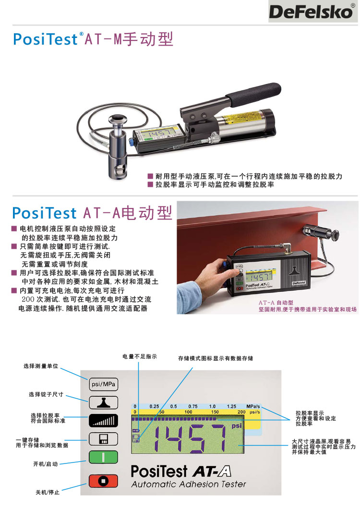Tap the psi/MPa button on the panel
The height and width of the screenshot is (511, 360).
coord(103,384)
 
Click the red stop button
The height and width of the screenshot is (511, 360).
coord(103,481)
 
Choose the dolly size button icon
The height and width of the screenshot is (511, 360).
coord(103,402)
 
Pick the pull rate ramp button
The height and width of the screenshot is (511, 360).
coord(103,421)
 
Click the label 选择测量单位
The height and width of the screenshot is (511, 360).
coord(41,366)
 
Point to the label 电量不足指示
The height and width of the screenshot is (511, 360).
coord(140,356)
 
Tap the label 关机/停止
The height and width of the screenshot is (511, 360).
coord(48,492)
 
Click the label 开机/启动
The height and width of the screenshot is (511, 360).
coord(46,464)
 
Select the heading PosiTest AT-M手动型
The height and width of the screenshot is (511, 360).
coord(93,39)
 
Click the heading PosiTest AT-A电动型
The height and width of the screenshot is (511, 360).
coord(92,213)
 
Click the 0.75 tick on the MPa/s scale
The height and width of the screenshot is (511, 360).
coord(193,406)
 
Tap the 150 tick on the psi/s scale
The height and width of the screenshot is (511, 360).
coord(215,412)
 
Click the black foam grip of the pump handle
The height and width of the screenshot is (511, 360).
coord(253,94)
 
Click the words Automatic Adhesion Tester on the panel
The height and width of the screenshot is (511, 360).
coord(189,484)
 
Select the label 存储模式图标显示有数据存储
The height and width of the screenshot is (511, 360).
coord(216,358)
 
